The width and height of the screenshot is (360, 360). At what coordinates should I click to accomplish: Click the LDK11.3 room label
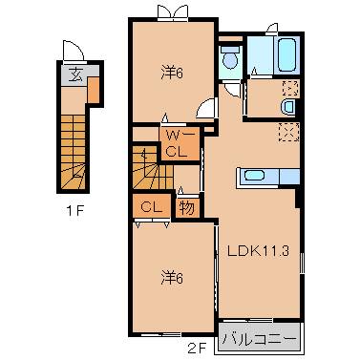click(x=258, y=251)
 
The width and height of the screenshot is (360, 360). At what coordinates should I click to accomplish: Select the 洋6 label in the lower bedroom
click(x=172, y=277)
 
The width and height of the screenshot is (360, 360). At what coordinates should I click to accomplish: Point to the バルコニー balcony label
click(x=258, y=336)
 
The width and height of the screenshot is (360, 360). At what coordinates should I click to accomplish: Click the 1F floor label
click(x=76, y=211)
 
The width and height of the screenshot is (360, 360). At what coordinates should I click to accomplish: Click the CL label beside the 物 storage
click(x=151, y=207)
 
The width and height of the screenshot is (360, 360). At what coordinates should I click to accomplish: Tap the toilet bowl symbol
click(x=228, y=60)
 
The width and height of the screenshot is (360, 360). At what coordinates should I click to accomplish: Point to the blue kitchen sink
click(x=257, y=175)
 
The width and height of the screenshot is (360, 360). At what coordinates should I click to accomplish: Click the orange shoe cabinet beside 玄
click(x=94, y=88)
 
